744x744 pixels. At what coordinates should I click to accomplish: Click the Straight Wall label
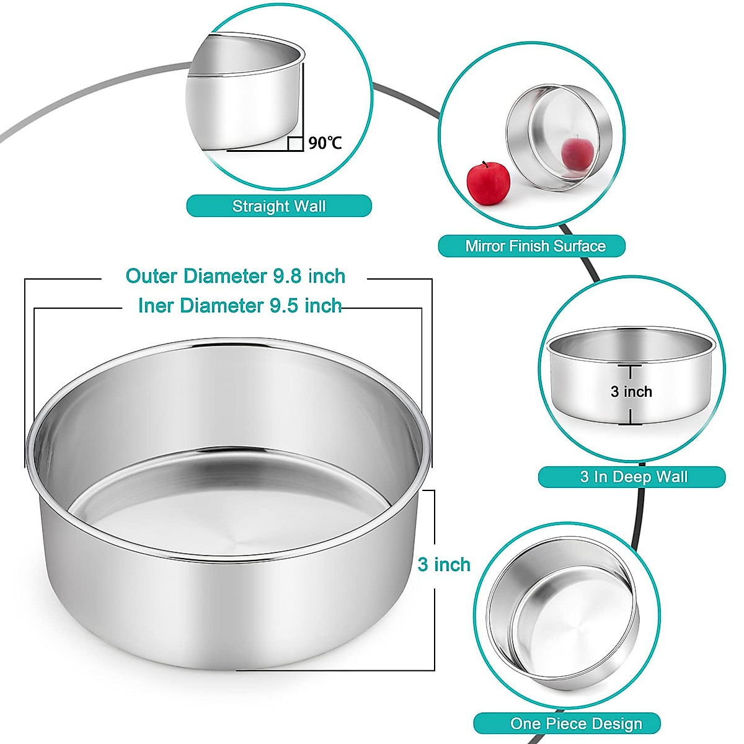pos(279,206)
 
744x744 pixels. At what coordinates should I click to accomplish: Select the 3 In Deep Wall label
pos(632,477)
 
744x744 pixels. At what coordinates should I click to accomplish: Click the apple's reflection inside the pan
pos(573,152)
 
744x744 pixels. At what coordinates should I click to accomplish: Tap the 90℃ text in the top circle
pos(325,143)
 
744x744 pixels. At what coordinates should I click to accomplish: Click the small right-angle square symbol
pos(296,144)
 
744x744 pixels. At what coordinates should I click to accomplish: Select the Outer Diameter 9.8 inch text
pos(235,276)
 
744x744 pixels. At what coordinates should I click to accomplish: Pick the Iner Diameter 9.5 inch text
pos(240,306)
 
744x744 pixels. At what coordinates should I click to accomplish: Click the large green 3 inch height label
pos(444,564)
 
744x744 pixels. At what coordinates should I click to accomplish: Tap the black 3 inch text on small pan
pos(631,392)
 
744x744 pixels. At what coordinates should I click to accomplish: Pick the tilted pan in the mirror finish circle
pos(558,136)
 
